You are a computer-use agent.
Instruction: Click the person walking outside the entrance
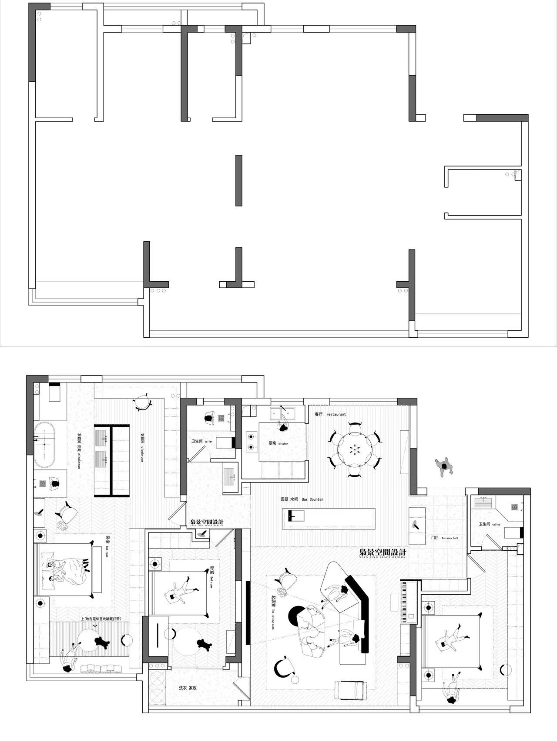[444, 467]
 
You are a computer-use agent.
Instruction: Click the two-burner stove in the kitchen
[251, 441]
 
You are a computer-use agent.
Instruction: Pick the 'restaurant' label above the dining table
[336, 414]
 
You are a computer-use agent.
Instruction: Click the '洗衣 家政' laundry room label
[188, 688]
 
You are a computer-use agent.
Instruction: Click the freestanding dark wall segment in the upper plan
[238, 180]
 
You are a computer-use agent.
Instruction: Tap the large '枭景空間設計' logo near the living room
[383, 552]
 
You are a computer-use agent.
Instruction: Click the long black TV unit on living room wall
[248, 613]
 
